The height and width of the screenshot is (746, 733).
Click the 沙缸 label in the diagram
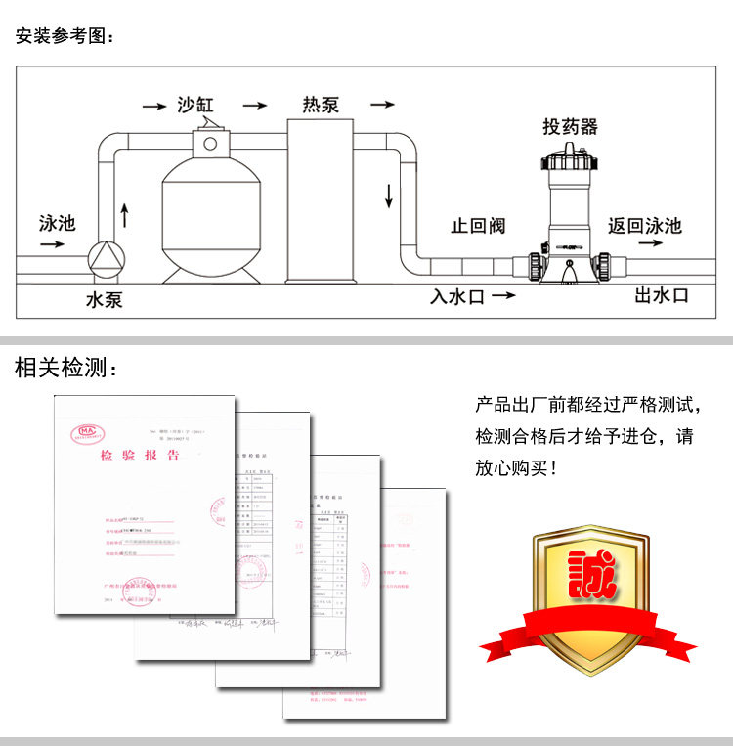[x=201, y=105]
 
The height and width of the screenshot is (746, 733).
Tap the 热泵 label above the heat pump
[x=321, y=105]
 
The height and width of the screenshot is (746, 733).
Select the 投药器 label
[x=570, y=127]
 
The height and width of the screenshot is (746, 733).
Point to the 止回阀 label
[x=478, y=226]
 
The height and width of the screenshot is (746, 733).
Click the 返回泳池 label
[x=644, y=226]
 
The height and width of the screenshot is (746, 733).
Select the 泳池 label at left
[x=57, y=223]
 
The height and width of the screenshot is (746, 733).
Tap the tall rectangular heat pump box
[x=320, y=200]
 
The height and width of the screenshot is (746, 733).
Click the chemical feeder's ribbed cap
[x=571, y=156]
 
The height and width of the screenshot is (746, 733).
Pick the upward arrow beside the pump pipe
[x=124, y=213]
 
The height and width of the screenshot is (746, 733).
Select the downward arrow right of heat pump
[x=389, y=195]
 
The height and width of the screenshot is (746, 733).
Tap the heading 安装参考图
[x=65, y=37]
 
